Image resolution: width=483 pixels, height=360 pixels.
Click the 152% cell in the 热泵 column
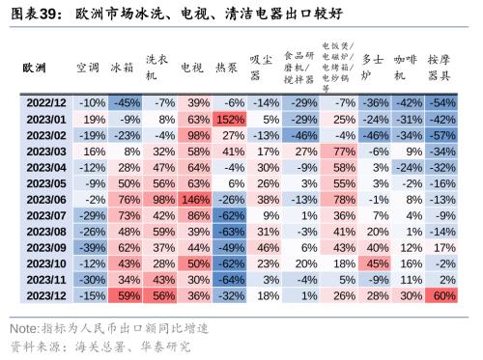click(229, 118)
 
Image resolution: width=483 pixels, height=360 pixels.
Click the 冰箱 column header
click(123, 69)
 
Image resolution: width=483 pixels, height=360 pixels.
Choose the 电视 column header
click(195, 69)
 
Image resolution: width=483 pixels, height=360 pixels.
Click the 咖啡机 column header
click(408, 69)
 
